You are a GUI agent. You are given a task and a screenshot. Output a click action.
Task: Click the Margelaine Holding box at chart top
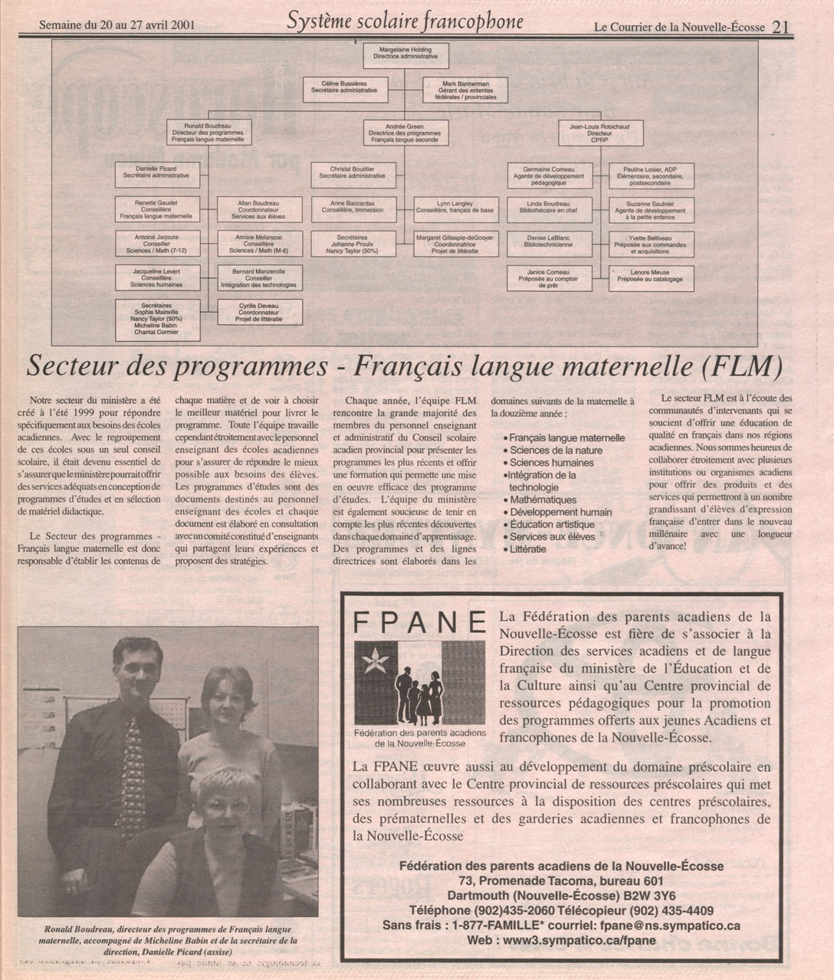(406, 53)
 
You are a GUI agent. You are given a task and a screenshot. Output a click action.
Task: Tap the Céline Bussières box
(344, 87)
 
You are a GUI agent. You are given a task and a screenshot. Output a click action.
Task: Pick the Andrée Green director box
(406, 133)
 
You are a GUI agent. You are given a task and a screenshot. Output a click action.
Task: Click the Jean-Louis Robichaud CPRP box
(599, 133)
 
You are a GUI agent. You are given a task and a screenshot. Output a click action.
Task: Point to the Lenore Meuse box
(651, 277)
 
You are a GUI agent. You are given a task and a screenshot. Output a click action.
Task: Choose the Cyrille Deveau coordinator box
(260, 310)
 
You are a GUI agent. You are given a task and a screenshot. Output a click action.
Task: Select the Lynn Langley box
(455, 207)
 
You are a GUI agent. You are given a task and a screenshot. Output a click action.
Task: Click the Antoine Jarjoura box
(157, 244)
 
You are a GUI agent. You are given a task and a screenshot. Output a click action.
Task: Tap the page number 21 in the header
(782, 27)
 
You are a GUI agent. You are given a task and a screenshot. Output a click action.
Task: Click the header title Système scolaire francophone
(405, 21)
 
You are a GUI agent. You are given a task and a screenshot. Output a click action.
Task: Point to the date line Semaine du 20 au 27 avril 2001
(117, 25)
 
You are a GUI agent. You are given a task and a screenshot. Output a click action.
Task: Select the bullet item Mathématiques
(543, 500)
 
